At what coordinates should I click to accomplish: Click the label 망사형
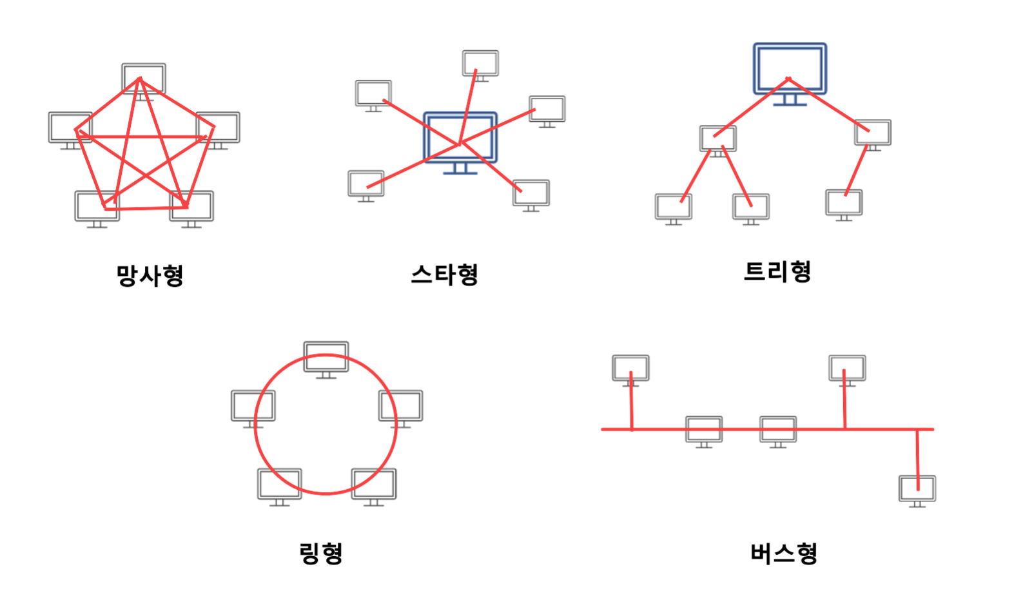coord(150,276)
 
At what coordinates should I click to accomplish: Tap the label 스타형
coord(445,275)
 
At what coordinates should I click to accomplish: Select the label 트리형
coord(777,271)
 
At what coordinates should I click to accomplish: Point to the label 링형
coord(321,553)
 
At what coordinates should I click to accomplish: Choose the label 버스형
coord(784,553)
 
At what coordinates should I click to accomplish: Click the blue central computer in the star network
coord(460,137)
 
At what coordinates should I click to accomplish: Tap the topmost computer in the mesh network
coord(144,79)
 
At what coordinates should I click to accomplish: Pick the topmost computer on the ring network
coord(326,357)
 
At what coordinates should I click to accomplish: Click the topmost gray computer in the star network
coord(480,64)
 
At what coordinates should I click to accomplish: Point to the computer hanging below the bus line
coord(917,489)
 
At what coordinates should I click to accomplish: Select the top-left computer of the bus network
coord(630,368)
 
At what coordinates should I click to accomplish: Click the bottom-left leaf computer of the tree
coord(674,207)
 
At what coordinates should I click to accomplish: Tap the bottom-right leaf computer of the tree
coord(844,203)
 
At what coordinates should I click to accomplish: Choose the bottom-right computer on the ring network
coord(374,485)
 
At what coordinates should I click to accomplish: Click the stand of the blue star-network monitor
coord(460,169)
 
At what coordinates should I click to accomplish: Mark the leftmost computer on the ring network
coord(253,406)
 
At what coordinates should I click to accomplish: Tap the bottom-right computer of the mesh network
coord(191,206)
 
